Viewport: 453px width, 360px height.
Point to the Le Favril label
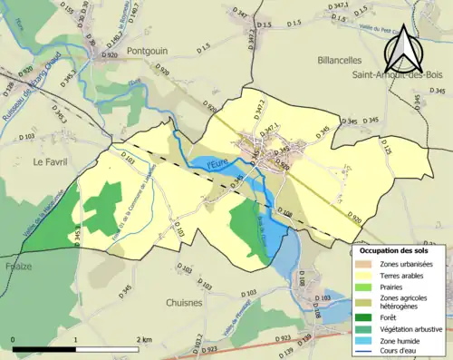click(51, 161)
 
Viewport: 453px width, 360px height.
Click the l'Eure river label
click(217, 164)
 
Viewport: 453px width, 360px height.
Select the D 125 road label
click(387, 151)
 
